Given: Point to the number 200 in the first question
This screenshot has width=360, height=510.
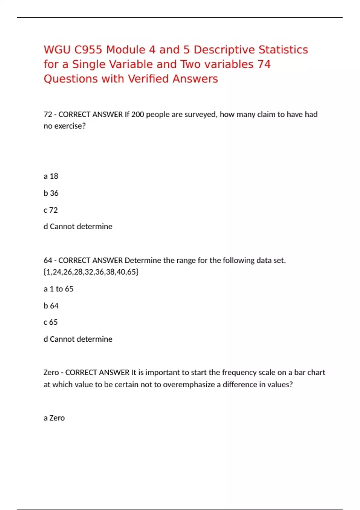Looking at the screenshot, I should coord(138,115).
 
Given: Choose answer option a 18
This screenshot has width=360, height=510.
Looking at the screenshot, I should coord(51,176).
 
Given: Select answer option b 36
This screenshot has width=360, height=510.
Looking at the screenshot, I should coord(51,193).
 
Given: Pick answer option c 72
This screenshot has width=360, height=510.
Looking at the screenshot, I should coord(51,210).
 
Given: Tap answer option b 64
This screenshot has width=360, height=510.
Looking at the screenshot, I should coord(51,306).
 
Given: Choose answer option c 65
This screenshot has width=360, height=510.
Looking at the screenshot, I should coord(51,322).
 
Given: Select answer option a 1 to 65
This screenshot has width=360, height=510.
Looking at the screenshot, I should coord(58,289).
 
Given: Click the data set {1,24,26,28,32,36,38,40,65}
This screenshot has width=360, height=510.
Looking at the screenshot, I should coord(91,272).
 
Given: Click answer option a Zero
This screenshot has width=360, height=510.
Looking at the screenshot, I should coord(54,418).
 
